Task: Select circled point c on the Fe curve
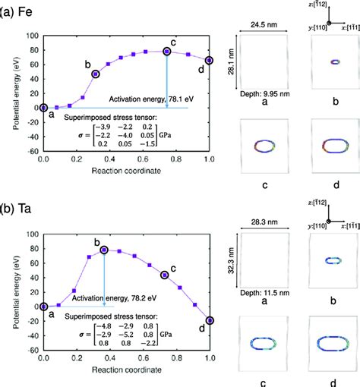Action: pos(166,52)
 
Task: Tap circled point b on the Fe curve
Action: pos(96,74)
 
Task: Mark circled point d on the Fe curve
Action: pos(210,60)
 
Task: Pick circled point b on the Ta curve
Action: pos(104,250)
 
